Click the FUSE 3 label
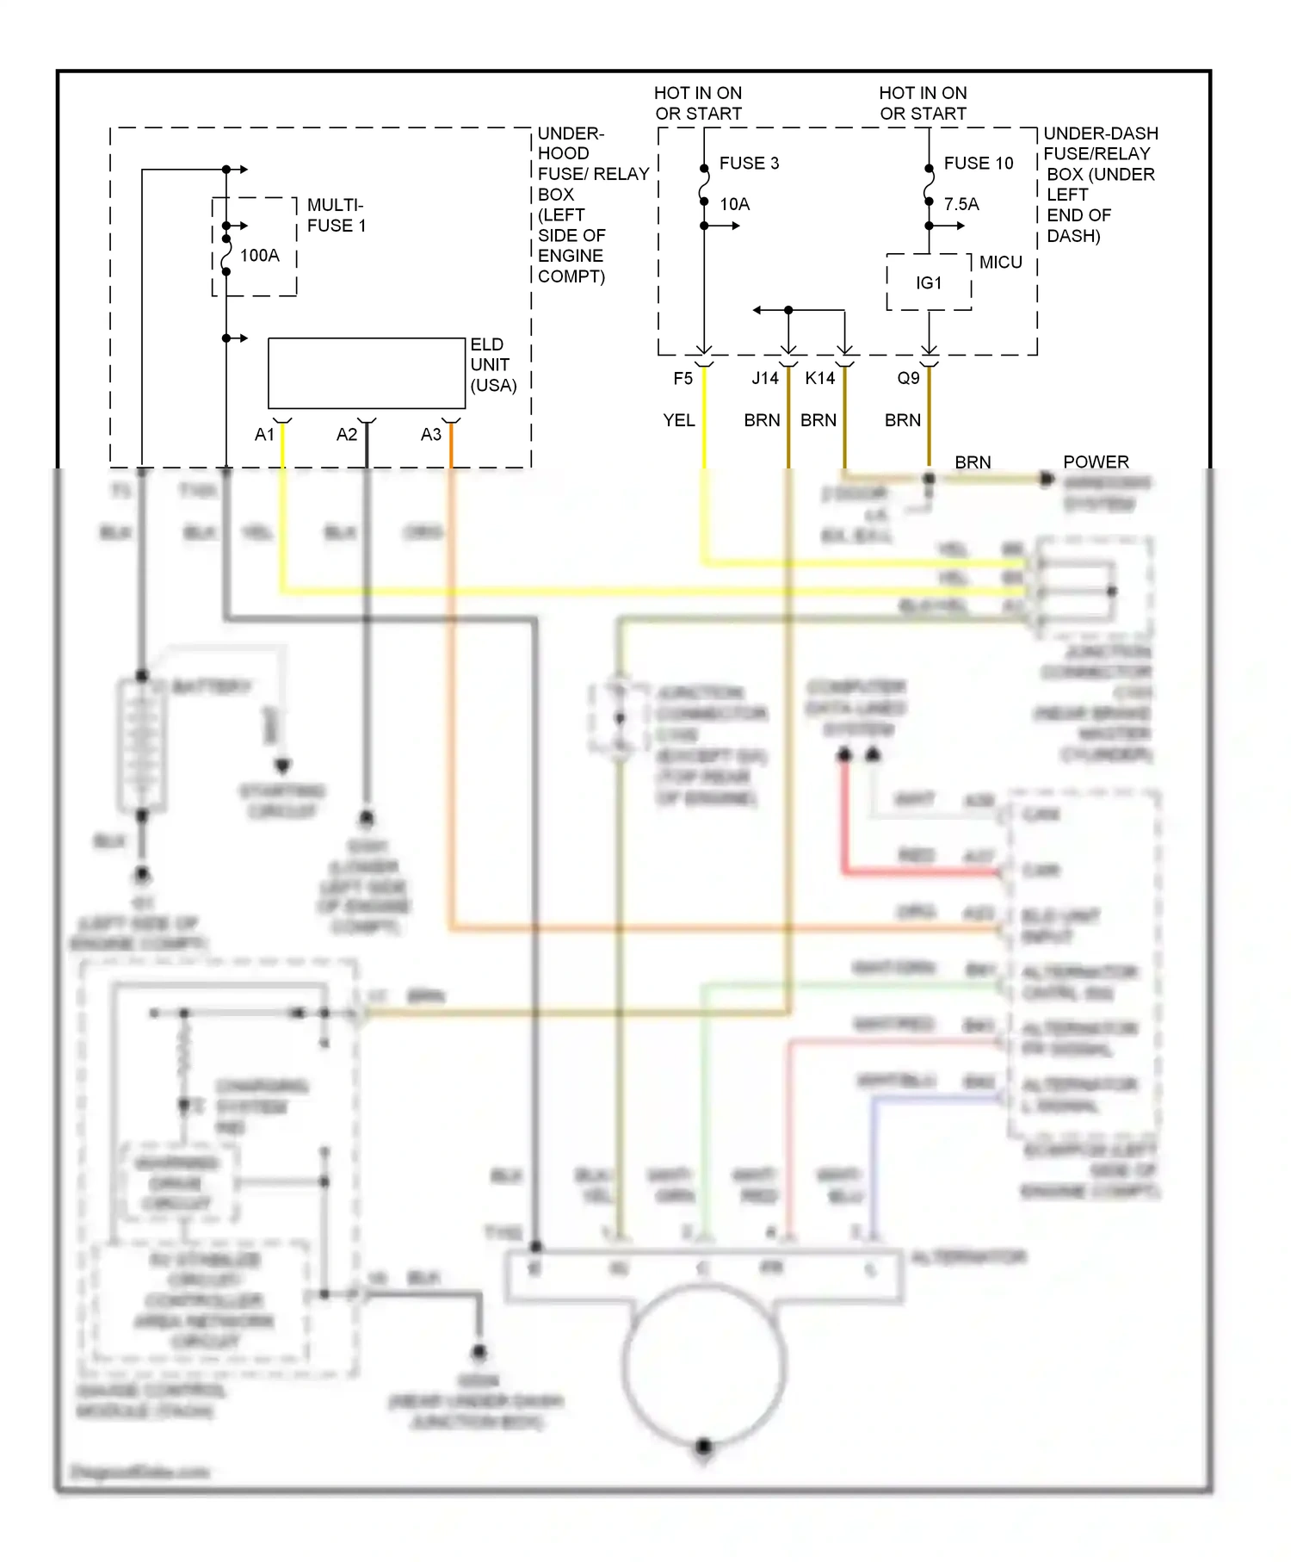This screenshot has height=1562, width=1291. (x=749, y=163)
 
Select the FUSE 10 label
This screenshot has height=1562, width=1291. (x=978, y=163)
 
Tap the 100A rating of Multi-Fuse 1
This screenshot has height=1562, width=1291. (x=259, y=256)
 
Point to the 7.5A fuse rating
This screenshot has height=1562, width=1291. (x=961, y=204)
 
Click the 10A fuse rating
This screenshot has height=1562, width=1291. (x=734, y=204)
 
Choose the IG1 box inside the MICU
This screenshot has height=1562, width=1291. (x=929, y=282)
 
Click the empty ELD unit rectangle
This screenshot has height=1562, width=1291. (x=367, y=373)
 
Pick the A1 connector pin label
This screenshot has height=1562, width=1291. (x=264, y=435)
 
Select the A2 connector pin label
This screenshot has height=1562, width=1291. (x=346, y=435)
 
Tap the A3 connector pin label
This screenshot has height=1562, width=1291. (x=430, y=435)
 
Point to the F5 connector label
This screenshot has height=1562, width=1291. (x=683, y=378)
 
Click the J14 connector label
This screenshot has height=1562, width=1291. (x=764, y=378)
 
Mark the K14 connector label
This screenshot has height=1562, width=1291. (x=819, y=378)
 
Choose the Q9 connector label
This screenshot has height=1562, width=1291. (x=908, y=378)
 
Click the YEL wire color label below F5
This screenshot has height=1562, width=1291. (x=678, y=420)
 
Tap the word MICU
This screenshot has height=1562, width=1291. (x=1000, y=263)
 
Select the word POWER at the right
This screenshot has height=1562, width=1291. (x=1096, y=462)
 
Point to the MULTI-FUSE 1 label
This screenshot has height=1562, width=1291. (x=337, y=215)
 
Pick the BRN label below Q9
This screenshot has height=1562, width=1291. (x=902, y=420)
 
